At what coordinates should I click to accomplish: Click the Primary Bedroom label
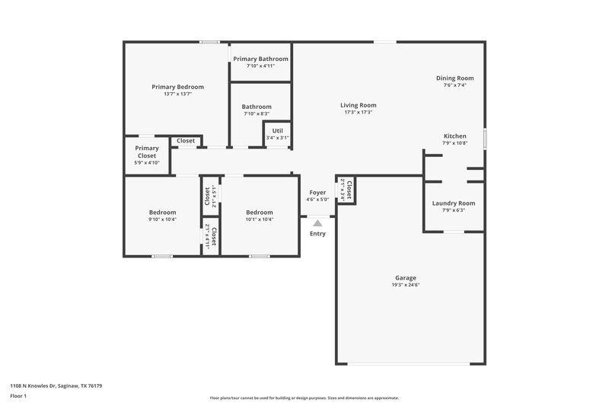click(177, 87)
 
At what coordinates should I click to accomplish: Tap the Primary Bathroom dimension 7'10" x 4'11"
click(260, 66)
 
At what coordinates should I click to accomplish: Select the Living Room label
click(358, 105)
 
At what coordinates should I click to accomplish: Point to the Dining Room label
click(454, 78)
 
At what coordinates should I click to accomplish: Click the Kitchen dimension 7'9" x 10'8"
click(455, 143)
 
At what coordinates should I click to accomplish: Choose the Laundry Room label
click(453, 203)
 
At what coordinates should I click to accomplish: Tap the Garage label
click(405, 278)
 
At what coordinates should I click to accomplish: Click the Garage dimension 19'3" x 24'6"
click(405, 285)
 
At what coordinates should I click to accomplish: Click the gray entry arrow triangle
click(317, 223)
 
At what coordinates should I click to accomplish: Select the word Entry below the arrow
click(317, 234)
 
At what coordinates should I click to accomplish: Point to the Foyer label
click(317, 193)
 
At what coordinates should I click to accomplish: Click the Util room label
click(277, 131)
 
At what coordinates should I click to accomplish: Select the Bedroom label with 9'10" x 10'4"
click(162, 213)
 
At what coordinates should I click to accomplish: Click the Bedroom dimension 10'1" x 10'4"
click(259, 219)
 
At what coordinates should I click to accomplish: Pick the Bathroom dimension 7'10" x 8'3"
click(257, 113)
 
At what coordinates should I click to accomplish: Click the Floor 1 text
click(18, 397)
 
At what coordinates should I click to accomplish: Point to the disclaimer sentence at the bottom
click(304, 398)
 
